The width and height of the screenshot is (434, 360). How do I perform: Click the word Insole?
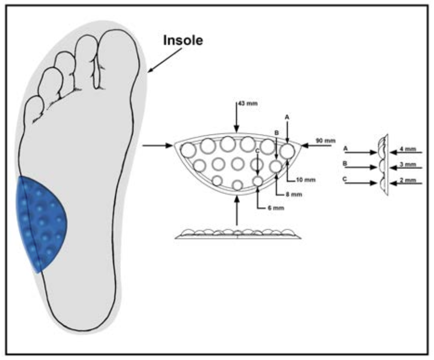tap(183, 41)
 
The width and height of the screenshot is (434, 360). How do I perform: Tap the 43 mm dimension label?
tap(248, 103)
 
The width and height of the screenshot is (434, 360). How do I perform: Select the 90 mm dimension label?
tap(325, 140)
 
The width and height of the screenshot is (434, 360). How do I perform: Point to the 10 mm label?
tap(306, 180)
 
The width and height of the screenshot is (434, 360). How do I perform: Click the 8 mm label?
tap(294, 195)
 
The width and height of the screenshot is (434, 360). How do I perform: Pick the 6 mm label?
tap(276, 208)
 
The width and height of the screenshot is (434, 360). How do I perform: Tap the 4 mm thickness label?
tap(408, 149)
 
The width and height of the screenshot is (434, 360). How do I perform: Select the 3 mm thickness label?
tap(408, 165)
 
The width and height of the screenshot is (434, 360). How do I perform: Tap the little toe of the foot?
tap(34, 108)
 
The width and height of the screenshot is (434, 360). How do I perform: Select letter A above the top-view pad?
tap(287, 117)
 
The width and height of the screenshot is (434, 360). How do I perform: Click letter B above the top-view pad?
tap(276, 133)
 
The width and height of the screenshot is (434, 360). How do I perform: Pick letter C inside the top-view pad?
tap(258, 151)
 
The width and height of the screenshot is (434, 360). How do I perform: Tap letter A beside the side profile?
tap(345, 149)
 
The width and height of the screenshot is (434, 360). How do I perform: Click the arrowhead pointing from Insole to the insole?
tap(150, 70)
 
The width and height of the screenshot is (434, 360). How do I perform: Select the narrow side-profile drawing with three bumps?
tap(383, 165)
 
